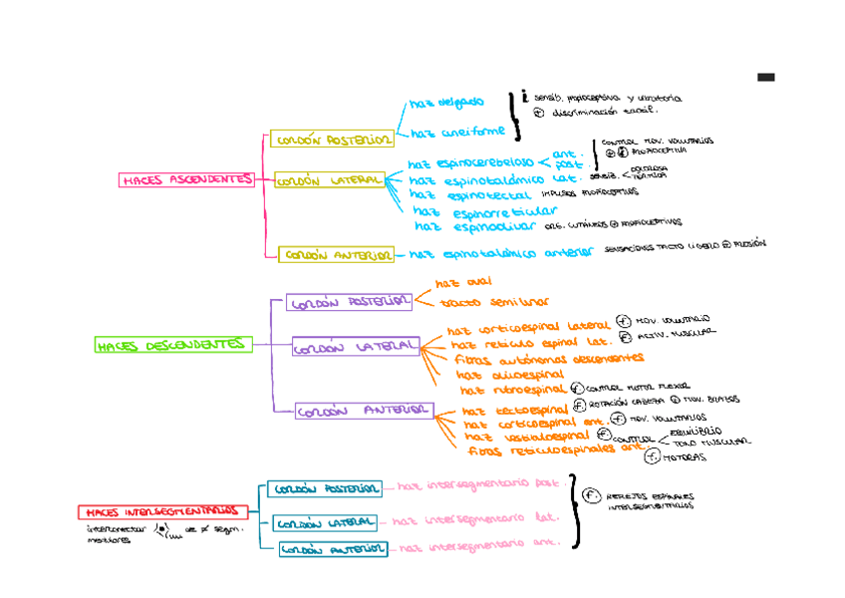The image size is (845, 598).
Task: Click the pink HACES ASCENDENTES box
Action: point(186,180)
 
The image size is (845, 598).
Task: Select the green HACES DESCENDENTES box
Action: point(171,345)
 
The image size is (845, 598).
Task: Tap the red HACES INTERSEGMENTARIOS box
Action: point(162,511)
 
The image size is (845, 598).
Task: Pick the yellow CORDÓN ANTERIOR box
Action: point(336,255)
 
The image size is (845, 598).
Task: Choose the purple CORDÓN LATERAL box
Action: point(356,347)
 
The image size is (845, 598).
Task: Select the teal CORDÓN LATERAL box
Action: point(326,522)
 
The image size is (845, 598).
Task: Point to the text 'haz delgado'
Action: point(446,102)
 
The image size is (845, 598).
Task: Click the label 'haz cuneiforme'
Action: point(457,132)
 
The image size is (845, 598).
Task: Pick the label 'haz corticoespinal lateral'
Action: point(528,327)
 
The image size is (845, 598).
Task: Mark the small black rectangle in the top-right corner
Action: point(765,77)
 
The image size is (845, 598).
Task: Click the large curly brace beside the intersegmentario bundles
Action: point(575,511)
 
